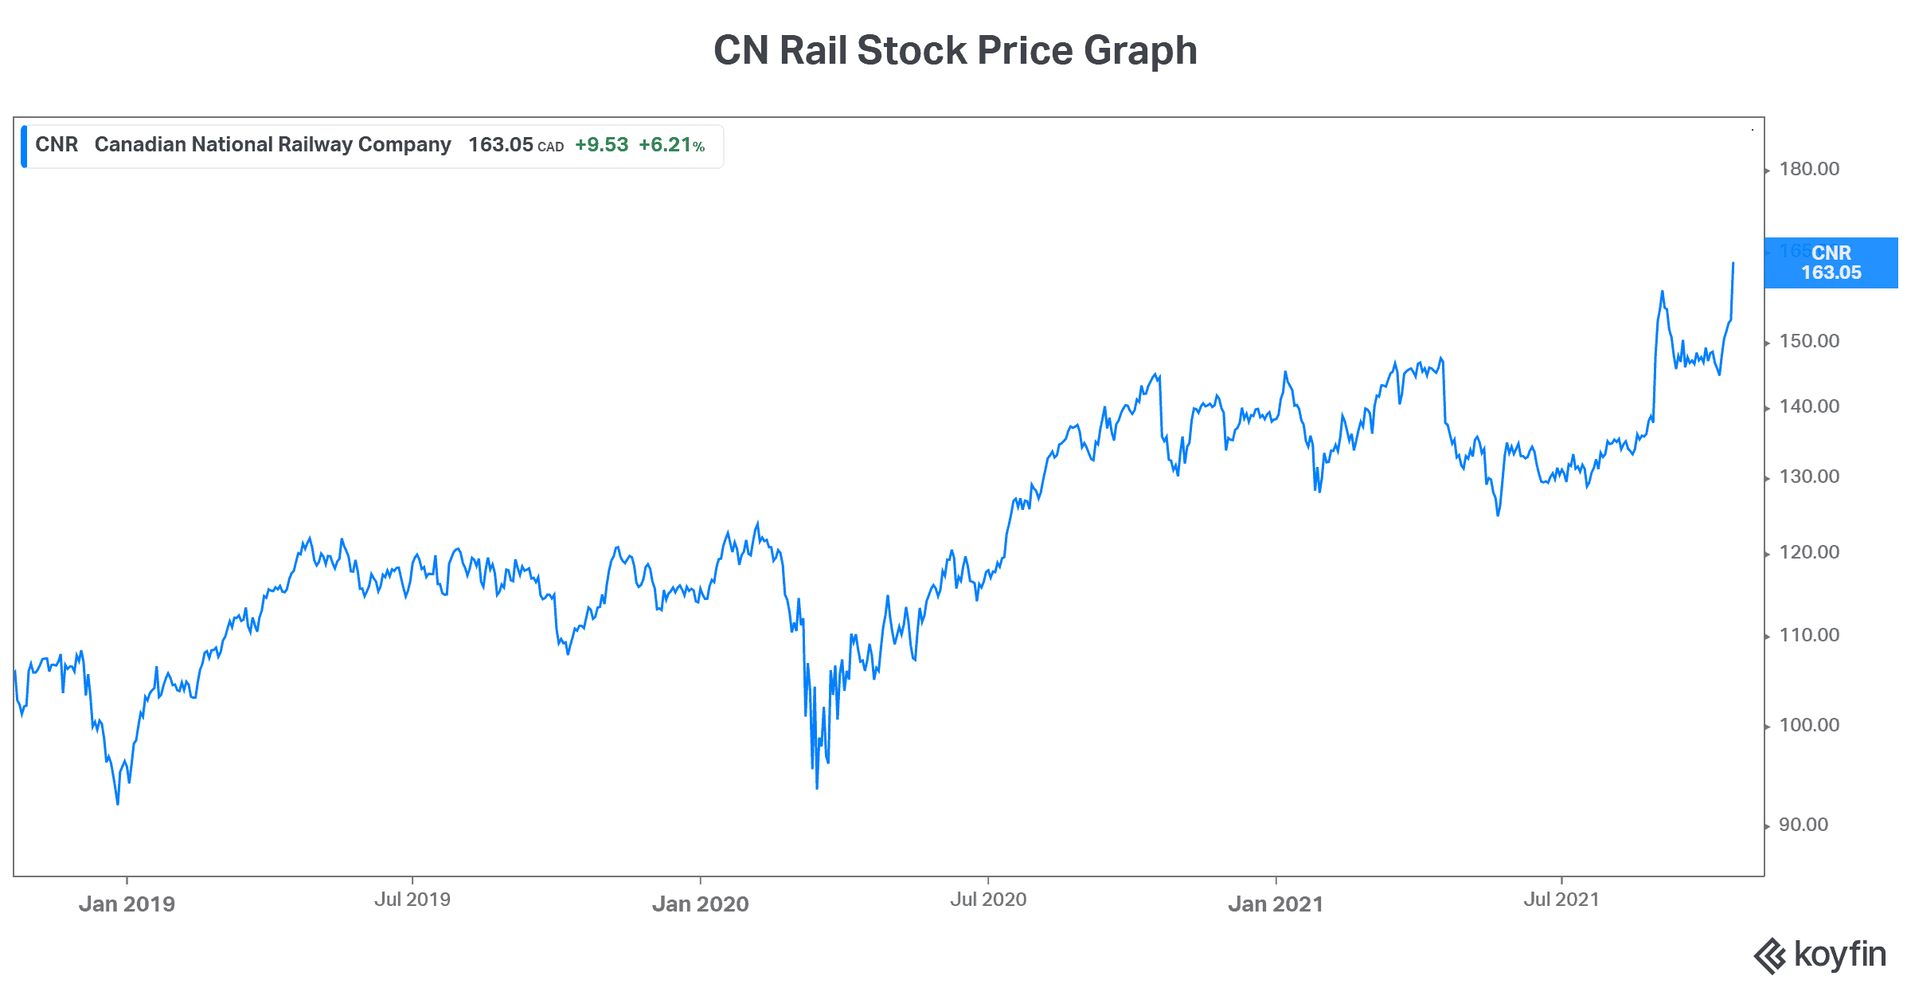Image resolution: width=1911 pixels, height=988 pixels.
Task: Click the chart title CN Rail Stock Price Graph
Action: [x=955, y=50]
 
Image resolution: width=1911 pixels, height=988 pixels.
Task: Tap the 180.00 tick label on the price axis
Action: [x=1809, y=169]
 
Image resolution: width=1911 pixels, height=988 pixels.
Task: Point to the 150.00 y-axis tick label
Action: [x=1809, y=341]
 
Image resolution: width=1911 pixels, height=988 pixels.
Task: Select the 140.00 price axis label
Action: [x=1809, y=406]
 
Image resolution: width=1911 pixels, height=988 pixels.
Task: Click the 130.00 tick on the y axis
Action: [x=1809, y=476]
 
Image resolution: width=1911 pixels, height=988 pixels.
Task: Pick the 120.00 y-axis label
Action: [x=1809, y=552]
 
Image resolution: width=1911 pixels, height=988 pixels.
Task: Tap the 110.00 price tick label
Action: [x=1809, y=635]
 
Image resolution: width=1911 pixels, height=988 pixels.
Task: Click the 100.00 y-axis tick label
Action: [x=1809, y=725]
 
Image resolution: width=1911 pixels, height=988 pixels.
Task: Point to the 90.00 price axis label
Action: [x=1804, y=825]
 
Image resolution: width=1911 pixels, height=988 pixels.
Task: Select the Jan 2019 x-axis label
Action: [x=127, y=904]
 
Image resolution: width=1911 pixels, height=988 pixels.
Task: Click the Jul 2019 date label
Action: [x=412, y=900]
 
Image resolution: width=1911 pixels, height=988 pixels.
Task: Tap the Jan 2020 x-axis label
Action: [x=701, y=904]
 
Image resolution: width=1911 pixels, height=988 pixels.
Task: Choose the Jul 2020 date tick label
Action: [x=988, y=900]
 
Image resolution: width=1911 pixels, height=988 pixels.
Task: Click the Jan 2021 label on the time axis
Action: [x=1276, y=904]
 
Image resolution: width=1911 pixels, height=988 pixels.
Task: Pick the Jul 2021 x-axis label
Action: [x=1561, y=900]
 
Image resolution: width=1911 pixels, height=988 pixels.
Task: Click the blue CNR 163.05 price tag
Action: [x=1831, y=263]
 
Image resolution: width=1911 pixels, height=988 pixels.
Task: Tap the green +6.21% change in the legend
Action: [x=671, y=145]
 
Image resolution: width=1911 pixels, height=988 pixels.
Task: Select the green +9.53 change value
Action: [x=601, y=145]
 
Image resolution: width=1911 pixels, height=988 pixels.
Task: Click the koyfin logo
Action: [x=1819, y=955]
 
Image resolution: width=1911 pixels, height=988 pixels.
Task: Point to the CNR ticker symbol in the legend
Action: [x=57, y=144]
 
